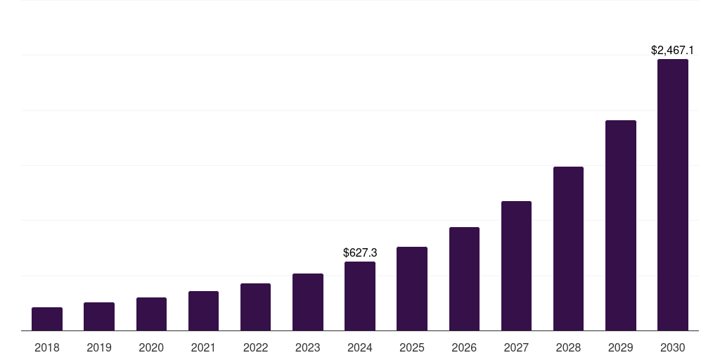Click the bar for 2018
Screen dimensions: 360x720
(47, 319)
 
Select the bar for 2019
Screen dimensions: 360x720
(99, 316)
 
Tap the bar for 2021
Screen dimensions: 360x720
(203, 311)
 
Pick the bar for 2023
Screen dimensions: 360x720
(308, 302)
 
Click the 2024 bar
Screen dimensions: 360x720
(360, 296)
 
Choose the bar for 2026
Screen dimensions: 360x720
(464, 279)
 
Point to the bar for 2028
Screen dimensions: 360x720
(568, 249)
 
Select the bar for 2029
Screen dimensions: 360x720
(621, 226)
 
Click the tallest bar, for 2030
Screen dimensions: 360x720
(673, 195)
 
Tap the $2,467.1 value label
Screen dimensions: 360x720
(673, 51)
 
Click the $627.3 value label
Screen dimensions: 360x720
(360, 252)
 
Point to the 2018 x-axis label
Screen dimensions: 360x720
(47, 347)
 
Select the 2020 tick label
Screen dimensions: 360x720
(151, 347)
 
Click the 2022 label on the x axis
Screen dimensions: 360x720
(255, 347)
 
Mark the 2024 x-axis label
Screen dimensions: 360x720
(360, 347)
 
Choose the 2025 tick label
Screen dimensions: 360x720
(412, 347)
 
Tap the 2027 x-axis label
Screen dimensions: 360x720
(516, 347)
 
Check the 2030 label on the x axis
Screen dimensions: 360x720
(673, 347)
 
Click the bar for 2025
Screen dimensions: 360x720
(412, 289)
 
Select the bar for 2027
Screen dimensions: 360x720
(516, 266)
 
